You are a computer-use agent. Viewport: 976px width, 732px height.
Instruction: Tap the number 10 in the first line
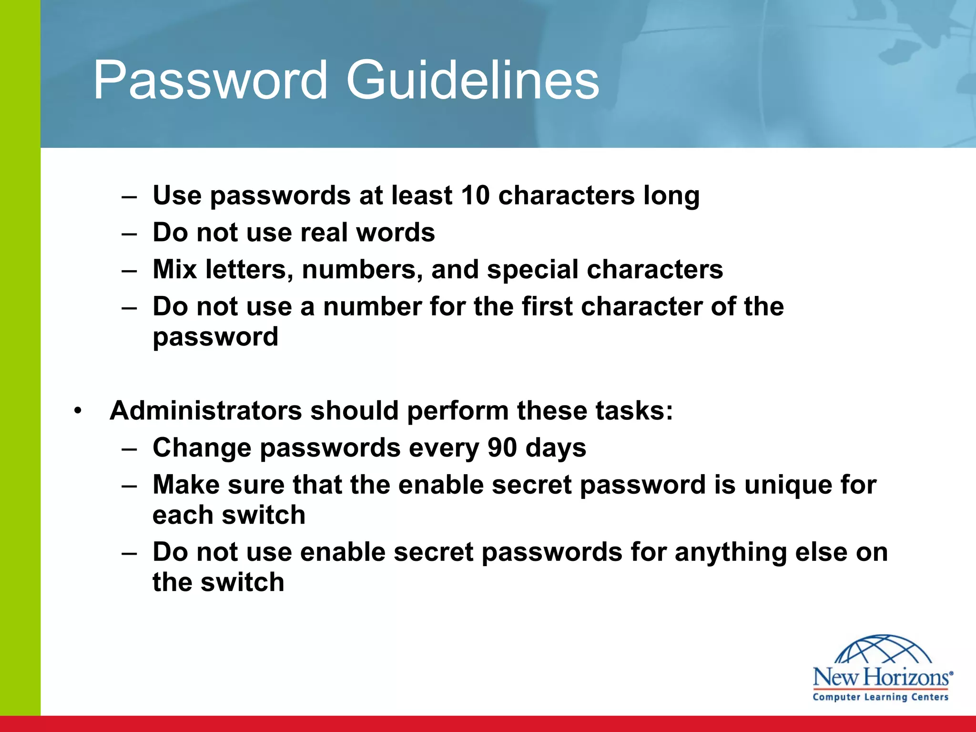point(475,195)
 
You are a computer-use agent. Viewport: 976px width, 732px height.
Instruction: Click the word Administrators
point(206,411)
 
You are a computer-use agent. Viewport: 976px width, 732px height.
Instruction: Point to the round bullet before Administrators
point(78,411)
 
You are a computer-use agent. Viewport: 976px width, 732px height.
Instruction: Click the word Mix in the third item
point(174,269)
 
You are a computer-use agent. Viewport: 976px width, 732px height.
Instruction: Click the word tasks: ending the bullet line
point(634,411)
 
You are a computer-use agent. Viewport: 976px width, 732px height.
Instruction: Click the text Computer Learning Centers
point(881,697)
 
